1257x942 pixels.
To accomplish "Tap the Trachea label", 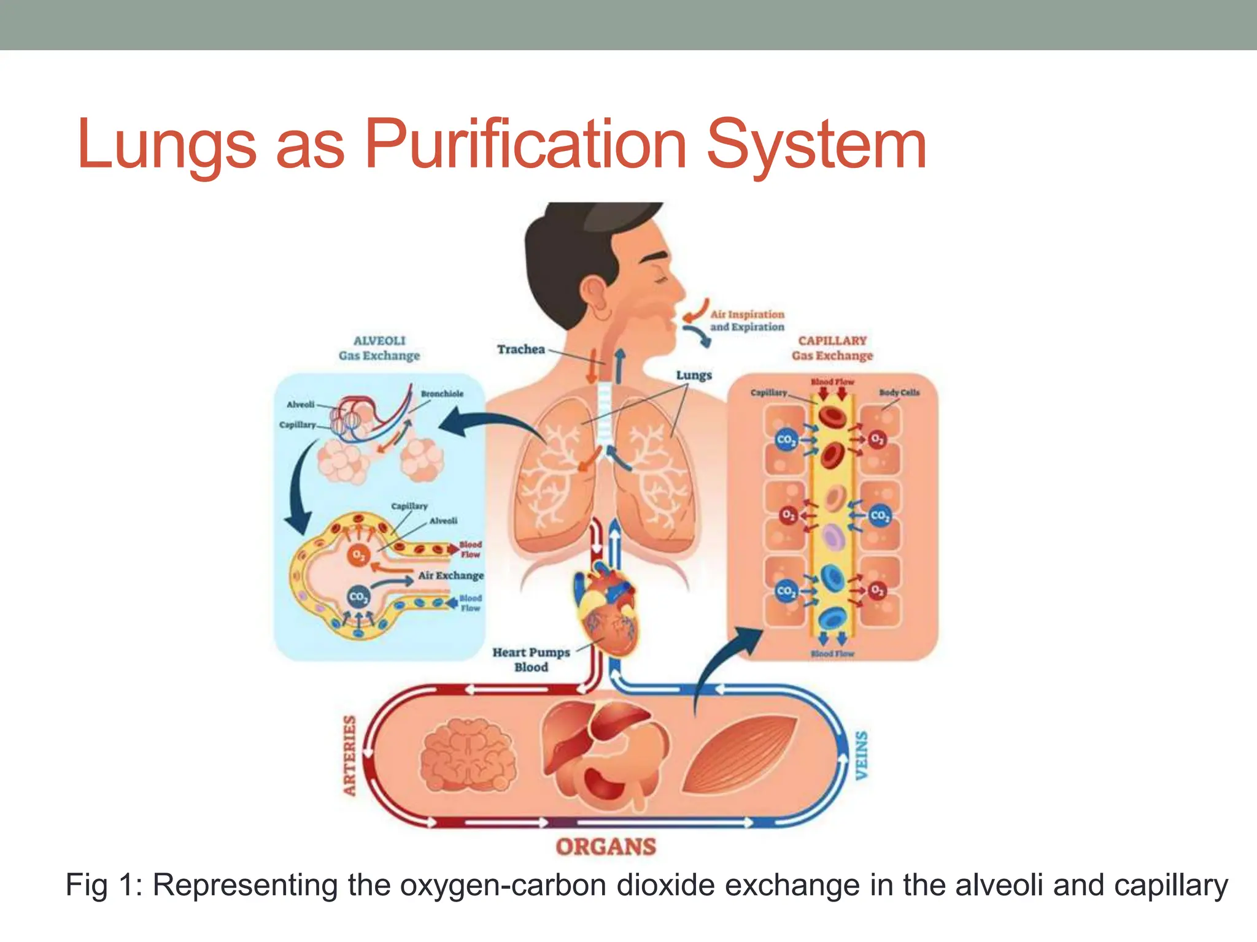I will coord(520,349).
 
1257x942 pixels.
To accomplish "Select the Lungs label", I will coord(694,375).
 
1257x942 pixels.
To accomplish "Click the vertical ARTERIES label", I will coord(350,755).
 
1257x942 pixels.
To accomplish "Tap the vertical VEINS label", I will coord(862,755).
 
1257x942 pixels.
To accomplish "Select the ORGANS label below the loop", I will coord(606,847).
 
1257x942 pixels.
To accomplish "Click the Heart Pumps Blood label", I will coord(531,659).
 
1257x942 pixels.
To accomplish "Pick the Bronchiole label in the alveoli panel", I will coord(442,394).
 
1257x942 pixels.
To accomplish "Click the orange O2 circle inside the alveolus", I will coord(358,555).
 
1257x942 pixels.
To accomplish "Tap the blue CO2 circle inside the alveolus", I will coord(358,596).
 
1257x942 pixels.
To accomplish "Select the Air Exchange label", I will coord(451,575).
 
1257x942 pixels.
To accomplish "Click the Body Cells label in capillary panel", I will coord(899,392).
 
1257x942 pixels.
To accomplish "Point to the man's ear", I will coord(594,293).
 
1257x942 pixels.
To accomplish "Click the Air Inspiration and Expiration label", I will coord(747,320).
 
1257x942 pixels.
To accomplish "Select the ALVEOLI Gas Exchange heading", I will coord(379,348).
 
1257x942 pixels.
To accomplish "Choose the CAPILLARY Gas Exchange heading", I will coord(832,348).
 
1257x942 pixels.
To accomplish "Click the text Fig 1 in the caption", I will coord(102,886).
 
